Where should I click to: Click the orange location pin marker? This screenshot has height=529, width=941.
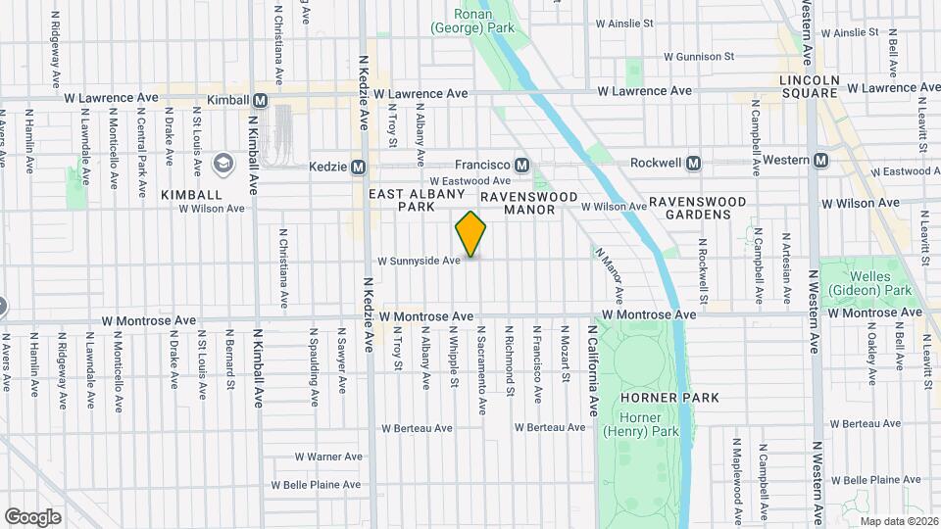coord(471,234)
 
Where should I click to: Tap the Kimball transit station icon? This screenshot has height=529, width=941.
coord(260,100)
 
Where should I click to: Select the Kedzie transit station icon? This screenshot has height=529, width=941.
coord(359,167)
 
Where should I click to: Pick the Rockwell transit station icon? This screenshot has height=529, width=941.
coord(693,162)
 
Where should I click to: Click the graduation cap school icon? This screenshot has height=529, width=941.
coord(224,162)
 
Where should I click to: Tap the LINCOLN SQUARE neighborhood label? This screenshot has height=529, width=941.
coord(809,86)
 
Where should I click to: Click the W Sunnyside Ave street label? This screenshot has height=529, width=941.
coord(419,262)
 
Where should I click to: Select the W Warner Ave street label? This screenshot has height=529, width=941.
coord(329,457)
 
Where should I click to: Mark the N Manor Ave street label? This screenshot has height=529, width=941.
coord(610,274)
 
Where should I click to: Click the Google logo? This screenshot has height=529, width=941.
coord(32,516)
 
